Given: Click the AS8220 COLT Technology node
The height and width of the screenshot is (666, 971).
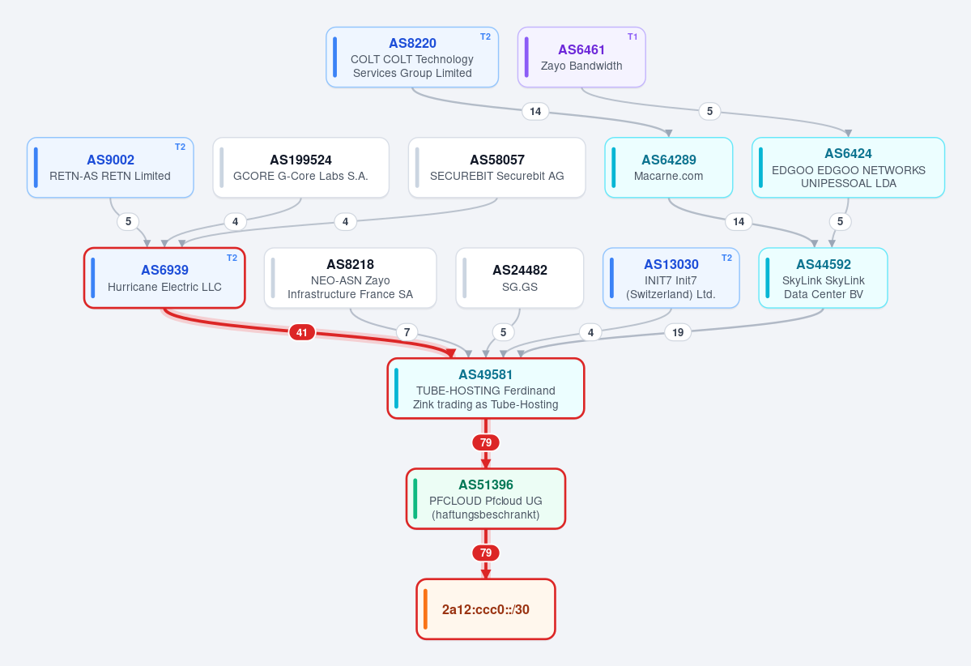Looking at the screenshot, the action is [412, 57].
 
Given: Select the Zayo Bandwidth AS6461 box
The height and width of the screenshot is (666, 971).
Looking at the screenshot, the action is [581, 57].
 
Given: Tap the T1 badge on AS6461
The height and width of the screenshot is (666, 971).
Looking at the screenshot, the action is [632, 36].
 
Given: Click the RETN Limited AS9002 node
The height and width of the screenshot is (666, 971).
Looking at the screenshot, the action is [110, 167].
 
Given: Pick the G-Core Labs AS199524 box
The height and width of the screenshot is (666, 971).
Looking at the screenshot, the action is [301, 167].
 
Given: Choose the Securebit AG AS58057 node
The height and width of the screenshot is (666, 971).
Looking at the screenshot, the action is [496, 167].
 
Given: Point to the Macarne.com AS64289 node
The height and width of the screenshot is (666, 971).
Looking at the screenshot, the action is [669, 167].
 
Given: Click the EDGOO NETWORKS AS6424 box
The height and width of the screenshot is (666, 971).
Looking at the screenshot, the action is [849, 167].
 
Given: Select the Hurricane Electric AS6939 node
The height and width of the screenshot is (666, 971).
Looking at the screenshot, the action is [164, 278].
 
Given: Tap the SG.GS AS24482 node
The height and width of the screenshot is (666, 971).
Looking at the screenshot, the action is [520, 278].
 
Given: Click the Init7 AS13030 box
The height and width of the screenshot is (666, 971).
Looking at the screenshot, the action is [671, 278].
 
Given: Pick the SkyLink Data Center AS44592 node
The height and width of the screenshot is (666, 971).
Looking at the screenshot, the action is [823, 278].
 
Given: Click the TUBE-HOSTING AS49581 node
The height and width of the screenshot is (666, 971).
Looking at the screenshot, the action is [486, 388].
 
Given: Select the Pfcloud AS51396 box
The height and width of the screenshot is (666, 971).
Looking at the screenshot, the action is [486, 499].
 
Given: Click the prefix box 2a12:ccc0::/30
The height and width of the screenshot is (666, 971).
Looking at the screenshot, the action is [486, 609].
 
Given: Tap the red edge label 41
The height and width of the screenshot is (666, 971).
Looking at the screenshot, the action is [301, 333].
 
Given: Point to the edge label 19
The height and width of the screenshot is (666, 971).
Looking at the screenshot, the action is [678, 333].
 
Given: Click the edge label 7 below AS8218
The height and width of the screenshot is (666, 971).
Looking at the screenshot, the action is [407, 332].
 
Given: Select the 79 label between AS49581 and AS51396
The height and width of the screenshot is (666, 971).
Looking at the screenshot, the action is [486, 442].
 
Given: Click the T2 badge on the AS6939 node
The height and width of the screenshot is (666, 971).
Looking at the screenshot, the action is [232, 258].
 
